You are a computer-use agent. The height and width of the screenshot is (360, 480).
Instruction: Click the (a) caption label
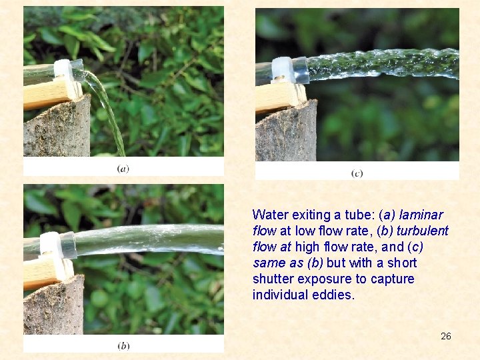coord(123,169)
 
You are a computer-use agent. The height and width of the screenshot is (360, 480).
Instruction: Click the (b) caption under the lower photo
coord(123,346)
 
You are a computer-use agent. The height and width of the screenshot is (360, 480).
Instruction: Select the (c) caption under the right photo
coord(357,173)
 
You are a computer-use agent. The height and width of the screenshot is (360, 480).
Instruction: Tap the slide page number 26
coord(446,336)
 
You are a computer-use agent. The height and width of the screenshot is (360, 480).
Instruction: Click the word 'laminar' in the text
coord(421,215)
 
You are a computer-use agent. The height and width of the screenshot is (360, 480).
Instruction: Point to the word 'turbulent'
coord(423,231)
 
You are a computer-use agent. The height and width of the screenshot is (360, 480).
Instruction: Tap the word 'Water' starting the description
coord(270,215)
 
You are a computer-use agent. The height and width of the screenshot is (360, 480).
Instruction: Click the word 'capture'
coord(393,279)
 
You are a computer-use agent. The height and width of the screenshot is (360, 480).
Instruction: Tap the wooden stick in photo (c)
coord(279,97)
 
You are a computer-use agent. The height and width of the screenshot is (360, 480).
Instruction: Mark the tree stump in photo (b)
coord(53,306)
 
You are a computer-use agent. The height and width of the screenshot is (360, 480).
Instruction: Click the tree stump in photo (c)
coord(286,132)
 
